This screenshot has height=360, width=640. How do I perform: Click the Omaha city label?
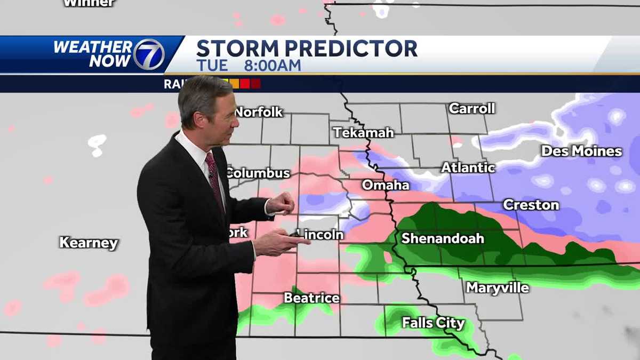click(386, 185)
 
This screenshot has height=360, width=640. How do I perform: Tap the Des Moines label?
click(581, 151)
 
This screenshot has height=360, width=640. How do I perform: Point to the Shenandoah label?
click(443, 238)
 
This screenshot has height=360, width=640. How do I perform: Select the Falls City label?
click(434, 323)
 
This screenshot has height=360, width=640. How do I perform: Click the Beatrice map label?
click(311, 298)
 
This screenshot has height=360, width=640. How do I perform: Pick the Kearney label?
click(89, 243)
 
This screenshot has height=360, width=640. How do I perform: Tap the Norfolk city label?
click(259, 112)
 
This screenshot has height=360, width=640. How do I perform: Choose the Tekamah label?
click(363, 132)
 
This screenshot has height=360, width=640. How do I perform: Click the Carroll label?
click(472, 108)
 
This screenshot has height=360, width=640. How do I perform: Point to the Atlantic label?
click(468, 167)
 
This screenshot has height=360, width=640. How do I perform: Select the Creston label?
click(531, 205)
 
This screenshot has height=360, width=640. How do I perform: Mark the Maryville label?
click(498, 288)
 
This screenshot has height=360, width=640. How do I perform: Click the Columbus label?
click(259, 173)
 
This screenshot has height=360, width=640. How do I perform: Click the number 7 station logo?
click(149, 54)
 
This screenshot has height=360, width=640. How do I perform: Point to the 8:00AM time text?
click(273, 66)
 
